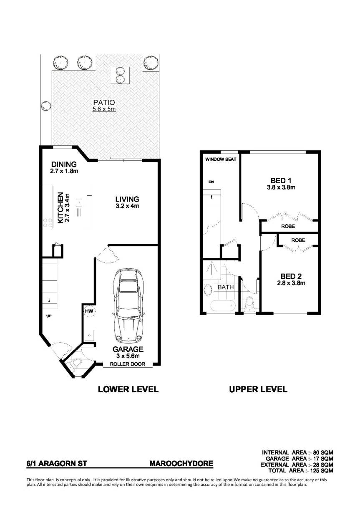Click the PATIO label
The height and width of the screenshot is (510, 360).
point(104,102)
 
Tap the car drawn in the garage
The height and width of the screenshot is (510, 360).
point(128,306)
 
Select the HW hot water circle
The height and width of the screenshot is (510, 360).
point(89,311)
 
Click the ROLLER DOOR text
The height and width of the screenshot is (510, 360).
point(127,364)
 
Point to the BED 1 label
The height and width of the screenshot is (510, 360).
point(281,181)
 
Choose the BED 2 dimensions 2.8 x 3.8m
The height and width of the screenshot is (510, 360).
point(291,283)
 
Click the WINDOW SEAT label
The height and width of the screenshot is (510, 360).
point(221,159)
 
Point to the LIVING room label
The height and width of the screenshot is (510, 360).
point(127,199)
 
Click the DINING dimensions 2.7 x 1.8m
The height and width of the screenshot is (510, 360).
point(64,171)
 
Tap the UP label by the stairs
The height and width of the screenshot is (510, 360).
point(49,316)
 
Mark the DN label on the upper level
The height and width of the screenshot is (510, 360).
point(211,182)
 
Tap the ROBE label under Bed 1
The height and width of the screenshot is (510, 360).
point(288,226)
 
